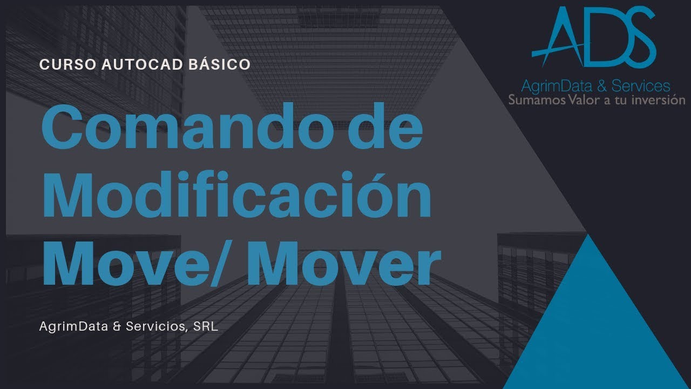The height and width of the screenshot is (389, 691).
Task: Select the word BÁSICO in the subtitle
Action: click(x=220, y=64)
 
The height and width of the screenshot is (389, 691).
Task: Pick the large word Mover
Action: click(x=345, y=263)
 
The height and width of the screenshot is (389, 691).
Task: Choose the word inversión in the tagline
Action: click(x=660, y=100)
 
